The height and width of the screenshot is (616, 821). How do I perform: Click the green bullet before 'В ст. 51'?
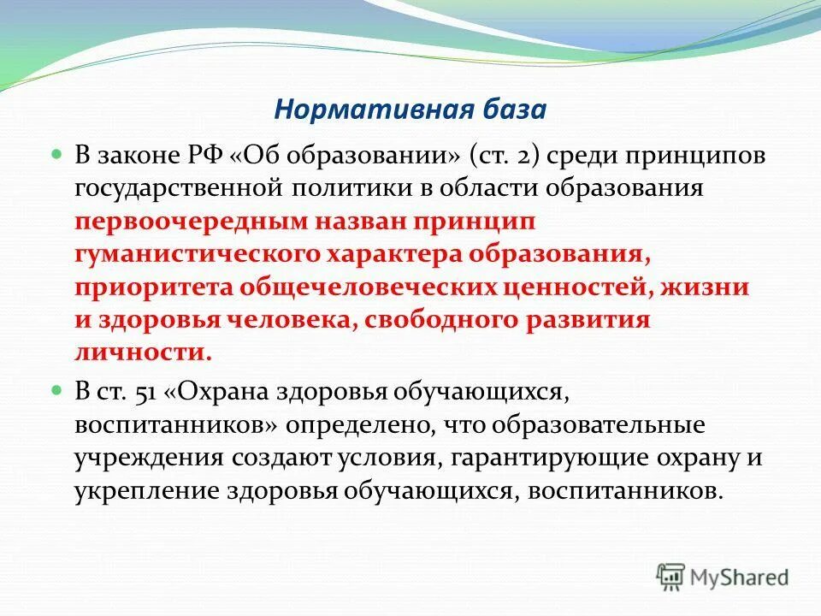coord(58,389)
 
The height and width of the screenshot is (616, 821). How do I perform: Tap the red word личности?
coord(142,352)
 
